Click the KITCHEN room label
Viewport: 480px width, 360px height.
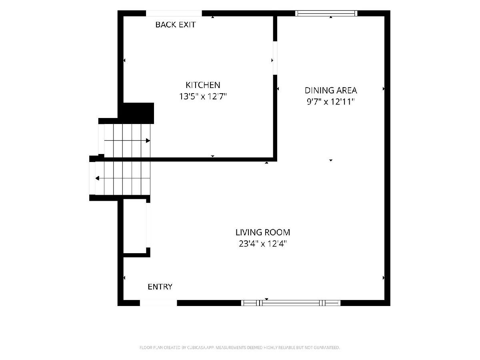tap(203, 85)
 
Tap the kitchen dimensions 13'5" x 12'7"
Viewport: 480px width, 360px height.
tap(203, 96)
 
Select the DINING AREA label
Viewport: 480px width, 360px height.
tap(331, 90)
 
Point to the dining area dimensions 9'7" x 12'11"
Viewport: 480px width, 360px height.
tap(331, 102)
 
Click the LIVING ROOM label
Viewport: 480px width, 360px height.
tap(263, 232)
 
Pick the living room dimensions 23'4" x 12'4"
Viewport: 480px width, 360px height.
tap(263, 244)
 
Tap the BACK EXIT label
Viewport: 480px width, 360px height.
tap(175, 25)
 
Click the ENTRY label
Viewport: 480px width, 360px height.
tap(160, 287)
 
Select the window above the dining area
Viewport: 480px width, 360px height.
tap(326, 13)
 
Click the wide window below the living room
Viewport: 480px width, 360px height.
tap(291, 303)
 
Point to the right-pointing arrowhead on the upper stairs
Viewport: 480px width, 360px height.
tap(148, 140)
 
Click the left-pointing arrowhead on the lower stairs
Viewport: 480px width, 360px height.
tap(97, 178)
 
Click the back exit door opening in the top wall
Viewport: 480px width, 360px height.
tap(174, 13)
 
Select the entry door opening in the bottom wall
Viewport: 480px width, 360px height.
tap(158, 303)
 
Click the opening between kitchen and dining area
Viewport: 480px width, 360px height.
tap(275, 58)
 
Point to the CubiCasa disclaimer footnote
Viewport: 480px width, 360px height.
tap(240, 348)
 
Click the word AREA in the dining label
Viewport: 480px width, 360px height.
tap(346, 90)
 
